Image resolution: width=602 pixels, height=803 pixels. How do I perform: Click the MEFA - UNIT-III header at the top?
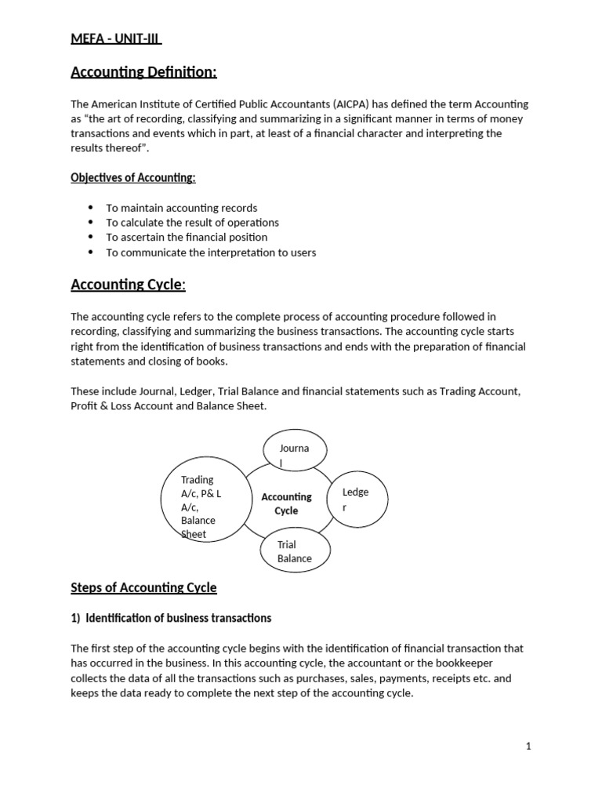pyautogui.click(x=116, y=39)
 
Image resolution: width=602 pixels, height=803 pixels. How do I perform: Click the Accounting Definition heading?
pyautogui.click(x=143, y=73)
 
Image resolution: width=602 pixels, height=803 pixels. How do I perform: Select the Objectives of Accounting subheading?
pyautogui.click(x=133, y=178)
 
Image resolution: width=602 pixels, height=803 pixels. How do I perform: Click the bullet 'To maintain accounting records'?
pyautogui.click(x=181, y=208)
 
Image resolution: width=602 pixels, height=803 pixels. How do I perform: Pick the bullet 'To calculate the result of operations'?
pyautogui.click(x=192, y=223)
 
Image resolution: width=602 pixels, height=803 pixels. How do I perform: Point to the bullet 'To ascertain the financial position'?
pyautogui.click(x=187, y=237)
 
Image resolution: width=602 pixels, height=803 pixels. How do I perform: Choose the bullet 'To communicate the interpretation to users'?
pyautogui.click(x=211, y=252)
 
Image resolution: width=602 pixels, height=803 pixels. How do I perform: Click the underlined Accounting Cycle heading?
pyautogui.click(x=128, y=285)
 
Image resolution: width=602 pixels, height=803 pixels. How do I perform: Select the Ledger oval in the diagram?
pyautogui.click(x=356, y=500)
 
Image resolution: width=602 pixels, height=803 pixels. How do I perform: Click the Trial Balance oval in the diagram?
pyautogui.click(x=294, y=551)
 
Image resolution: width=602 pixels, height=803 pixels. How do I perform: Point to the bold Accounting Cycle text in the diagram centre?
pyautogui.click(x=286, y=503)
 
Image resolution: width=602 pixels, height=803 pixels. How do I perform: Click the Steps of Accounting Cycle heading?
pyautogui.click(x=143, y=587)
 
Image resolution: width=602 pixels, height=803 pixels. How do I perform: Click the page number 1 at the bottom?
pyautogui.click(x=528, y=747)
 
